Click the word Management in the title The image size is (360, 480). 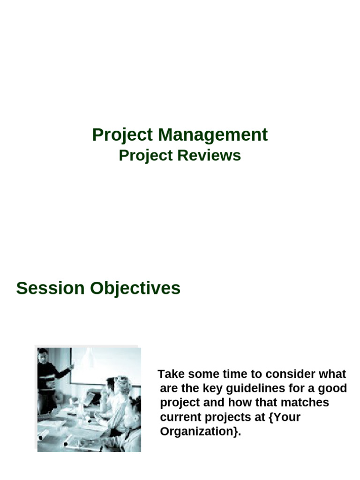213,135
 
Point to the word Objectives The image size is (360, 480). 135,288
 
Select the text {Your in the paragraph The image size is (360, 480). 285,417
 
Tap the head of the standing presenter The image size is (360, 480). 43,355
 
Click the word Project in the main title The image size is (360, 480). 122,135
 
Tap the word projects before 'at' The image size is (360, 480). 227,417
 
